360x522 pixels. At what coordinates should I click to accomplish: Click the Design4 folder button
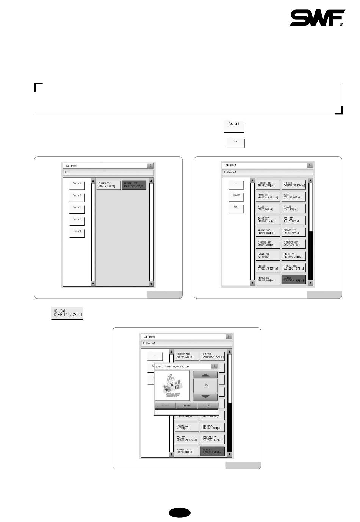click(77, 184)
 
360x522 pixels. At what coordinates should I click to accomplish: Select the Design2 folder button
click(77, 196)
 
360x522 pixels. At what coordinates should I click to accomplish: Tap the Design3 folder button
click(77, 208)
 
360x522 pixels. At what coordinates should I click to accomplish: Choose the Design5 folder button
click(77, 220)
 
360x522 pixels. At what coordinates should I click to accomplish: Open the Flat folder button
click(236, 208)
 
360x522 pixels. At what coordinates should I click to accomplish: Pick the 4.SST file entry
click(293, 196)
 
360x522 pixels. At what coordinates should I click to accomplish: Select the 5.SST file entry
click(268, 208)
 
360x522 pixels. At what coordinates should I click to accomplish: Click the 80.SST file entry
click(293, 208)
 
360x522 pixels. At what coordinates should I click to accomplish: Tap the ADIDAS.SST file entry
click(268, 231)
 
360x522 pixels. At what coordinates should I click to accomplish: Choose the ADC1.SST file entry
click(293, 220)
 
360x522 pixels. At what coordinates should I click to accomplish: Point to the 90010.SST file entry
click(268, 220)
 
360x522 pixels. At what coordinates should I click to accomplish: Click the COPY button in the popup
click(208, 406)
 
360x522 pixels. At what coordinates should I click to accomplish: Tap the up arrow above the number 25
click(205, 375)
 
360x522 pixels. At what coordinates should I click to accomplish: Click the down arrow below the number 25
click(205, 397)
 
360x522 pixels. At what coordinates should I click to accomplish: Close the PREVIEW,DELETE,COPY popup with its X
click(214, 366)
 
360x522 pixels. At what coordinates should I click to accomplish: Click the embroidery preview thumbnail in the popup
click(172, 385)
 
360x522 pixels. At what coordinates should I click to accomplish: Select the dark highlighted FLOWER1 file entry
click(134, 184)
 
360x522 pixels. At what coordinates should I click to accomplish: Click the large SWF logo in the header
click(317, 18)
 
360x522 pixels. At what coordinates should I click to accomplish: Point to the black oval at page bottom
click(180, 513)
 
